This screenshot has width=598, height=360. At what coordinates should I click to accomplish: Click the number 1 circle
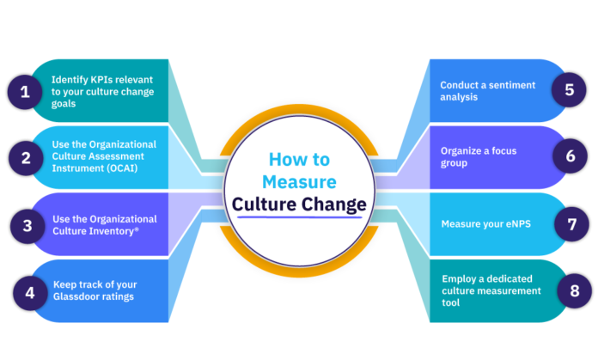(26, 90)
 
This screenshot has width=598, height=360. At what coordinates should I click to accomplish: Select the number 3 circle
(26, 225)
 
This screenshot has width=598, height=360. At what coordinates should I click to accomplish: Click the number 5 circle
(568, 90)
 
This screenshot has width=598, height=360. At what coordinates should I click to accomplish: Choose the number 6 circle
(568, 157)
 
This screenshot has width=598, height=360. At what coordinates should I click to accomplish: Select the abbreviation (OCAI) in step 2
(125, 168)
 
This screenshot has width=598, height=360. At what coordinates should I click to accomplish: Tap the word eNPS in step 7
(514, 224)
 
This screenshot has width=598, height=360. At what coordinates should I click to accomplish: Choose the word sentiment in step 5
(512, 85)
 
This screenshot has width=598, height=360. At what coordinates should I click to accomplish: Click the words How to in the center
(298, 160)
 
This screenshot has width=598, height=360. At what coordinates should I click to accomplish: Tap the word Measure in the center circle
(298, 181)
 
